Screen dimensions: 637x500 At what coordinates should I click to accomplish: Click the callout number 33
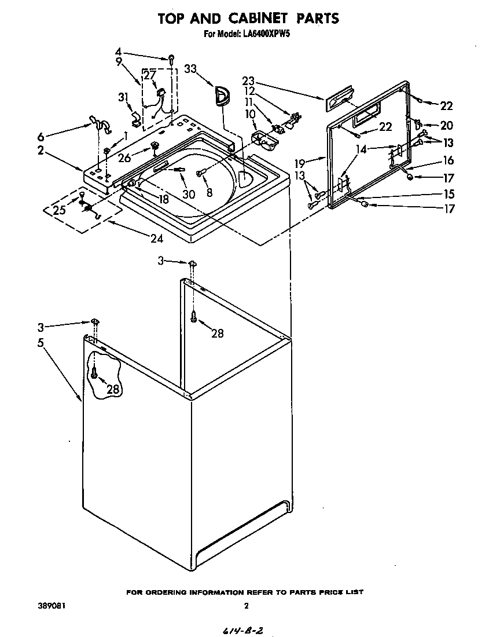191,69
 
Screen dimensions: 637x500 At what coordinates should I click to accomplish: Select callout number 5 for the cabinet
40,342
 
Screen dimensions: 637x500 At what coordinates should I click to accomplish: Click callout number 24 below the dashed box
156,238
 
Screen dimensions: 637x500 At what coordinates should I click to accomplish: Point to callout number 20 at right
446,125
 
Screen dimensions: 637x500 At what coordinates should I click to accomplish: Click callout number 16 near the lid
448,160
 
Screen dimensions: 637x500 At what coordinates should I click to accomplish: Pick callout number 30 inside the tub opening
189,195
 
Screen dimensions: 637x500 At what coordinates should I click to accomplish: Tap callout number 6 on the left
40,137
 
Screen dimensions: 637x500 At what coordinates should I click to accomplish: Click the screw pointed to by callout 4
172,57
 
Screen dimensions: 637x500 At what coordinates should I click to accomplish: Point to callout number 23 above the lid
249,82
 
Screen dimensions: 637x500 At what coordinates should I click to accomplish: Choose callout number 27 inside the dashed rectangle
149,75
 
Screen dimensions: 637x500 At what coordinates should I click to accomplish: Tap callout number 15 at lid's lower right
448,194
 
